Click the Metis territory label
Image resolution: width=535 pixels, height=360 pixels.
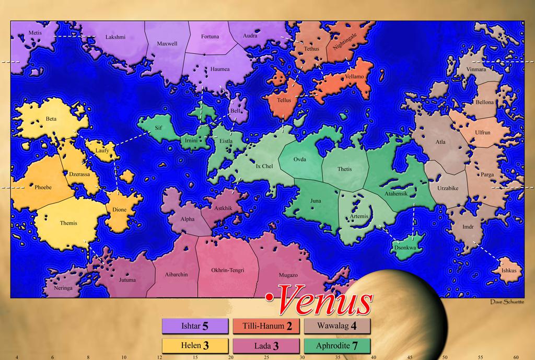pyautogui.click(x=35, y=32)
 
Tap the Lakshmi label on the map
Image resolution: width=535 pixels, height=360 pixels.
pyautogui.click(x=115, y=37)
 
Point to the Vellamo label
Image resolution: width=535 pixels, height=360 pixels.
pyautogui.click(x=354, y=77)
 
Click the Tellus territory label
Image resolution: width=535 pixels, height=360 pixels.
pyautogui.click(x=284, y=100)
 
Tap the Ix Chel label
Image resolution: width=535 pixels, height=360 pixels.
pyautogui.click(x=264, y=166)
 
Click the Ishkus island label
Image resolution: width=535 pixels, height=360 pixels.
pyautogui.click(x=508, y=271)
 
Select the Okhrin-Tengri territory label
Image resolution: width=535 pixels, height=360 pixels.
pyautogui.click(x=228, y=270)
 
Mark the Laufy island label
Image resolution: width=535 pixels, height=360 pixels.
pyautogui.click(x=102, y=150)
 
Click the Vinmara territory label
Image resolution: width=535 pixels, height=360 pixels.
pyautogui.click(x=475, y=68)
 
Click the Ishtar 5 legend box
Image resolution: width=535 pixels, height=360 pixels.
pyautogui.click(x=194, y=327)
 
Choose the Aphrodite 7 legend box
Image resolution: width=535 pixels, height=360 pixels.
pyautogui.click(x=336, y=345)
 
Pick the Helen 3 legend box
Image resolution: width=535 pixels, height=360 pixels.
pyautogui.click(x=194, y=345)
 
